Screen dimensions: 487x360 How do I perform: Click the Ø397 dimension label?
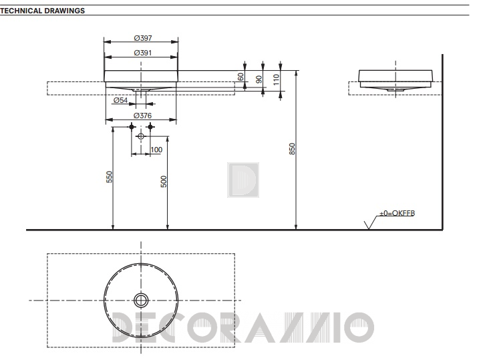(143, 38)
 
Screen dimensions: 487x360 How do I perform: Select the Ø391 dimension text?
(143, 53)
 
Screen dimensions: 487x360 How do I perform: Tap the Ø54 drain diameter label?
(120, 100)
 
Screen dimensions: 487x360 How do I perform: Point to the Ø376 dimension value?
(142, 116)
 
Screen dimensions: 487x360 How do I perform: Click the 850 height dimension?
(292, 149)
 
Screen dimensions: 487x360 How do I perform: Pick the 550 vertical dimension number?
(109, 177)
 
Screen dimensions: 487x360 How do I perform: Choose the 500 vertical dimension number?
(164, 182)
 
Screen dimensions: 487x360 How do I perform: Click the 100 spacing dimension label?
(156, 150)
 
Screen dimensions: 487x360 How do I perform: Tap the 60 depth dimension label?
(240, 77)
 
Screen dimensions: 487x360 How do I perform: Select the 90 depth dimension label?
(259, 79)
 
